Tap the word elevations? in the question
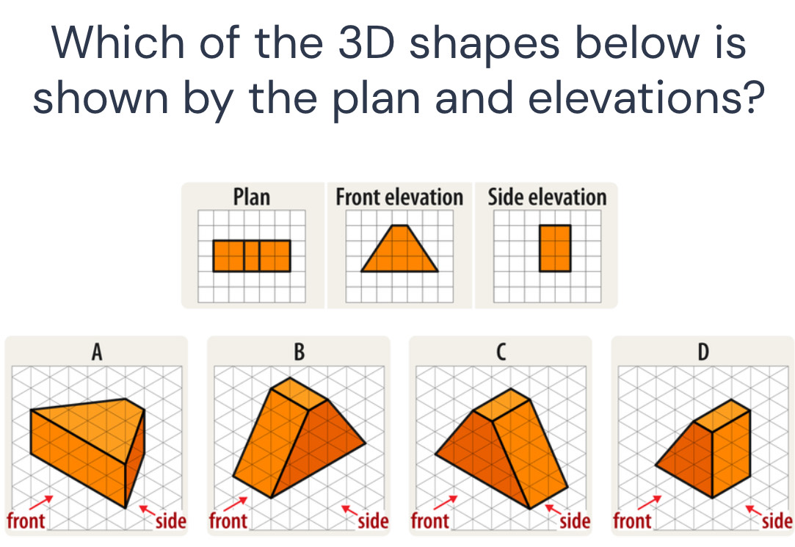point(646,98)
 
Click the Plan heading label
point(252,197)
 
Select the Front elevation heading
point(399,197)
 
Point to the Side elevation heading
point(547,197)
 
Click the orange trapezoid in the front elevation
point(399,248)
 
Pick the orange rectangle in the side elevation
point(555,248)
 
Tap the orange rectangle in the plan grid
point(252,256)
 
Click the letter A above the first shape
point(97,351)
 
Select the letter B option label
point(300,351)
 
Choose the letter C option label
point(501,351)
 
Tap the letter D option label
point(703,351)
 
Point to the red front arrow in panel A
point(41,502)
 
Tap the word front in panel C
point(430,521)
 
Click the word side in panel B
point(373,521)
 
